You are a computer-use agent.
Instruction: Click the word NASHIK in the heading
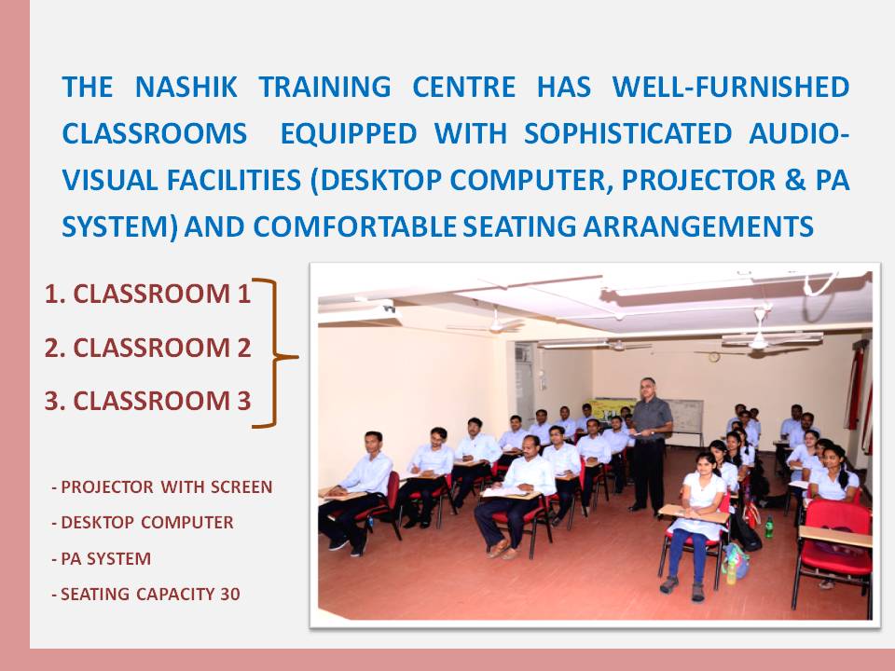[x=186, y=88]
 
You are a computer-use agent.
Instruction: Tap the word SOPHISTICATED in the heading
[x=627, y=134]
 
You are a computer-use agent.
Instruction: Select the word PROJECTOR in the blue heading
[x=698, y=180]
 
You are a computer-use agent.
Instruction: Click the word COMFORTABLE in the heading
[x=354, y=227]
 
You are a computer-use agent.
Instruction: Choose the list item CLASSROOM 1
[x=148, y=294]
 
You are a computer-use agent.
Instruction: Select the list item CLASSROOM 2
[x=148, y=348]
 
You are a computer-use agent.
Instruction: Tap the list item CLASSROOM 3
[x=148, y=401]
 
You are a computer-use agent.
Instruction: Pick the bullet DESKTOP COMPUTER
[x=143, y=523]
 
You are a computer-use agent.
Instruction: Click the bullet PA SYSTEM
[x=102, y=558]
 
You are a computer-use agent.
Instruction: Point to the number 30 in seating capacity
[x=230, y=595]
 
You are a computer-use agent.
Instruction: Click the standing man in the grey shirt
[x=650, y=444]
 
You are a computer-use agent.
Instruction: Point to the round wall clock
[x=713, y=357]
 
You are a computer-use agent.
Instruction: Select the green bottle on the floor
[x=769, y=527]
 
